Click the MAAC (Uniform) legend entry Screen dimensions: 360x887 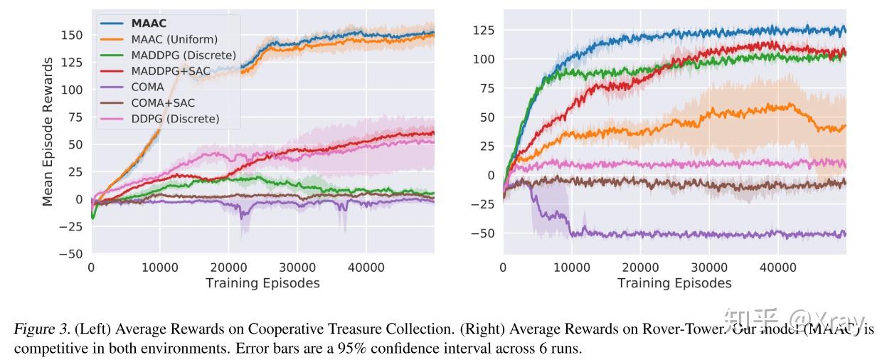[x=174, y=39]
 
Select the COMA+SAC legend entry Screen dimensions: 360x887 [x=163, y=102]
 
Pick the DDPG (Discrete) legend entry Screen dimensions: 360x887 [x=175, y=118]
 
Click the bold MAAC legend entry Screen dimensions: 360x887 [x=149, y=23]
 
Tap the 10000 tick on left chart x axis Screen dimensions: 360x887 [x=159, y=268]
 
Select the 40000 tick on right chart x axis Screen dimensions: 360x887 [x=777, y=268]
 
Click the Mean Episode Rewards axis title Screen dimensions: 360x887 [x=48, y=132]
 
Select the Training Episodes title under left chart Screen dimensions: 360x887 [x=262, y=283]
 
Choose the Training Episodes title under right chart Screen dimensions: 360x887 [x=674, y=283]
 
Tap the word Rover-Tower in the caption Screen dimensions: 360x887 [x=686, y=329]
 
